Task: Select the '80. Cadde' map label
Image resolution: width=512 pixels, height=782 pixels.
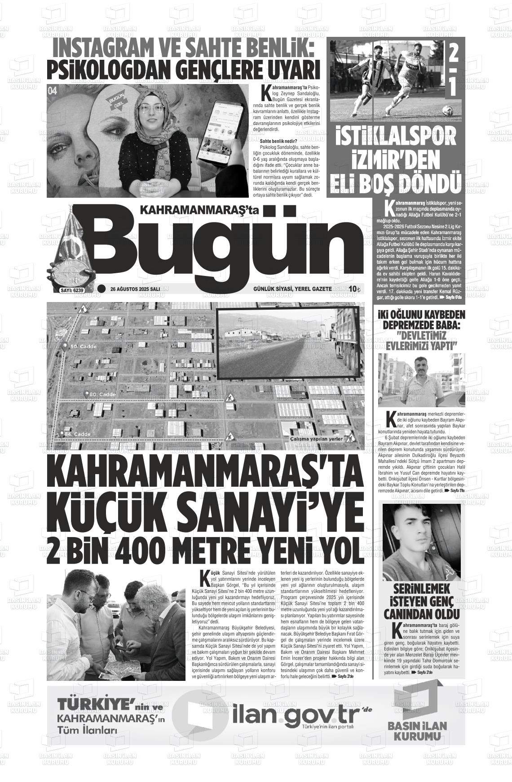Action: click(102, 394)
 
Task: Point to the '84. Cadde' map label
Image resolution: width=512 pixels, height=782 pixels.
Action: click(77, 434)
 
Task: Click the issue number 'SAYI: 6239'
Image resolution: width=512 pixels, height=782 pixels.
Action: click(72, 290)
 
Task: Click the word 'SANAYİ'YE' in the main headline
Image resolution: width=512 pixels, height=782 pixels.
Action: click(274, 513)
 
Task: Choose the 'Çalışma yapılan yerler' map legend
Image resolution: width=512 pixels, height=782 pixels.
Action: click(316, 439)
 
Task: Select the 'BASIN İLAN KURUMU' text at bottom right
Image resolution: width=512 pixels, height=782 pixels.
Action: click(417, 731)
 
